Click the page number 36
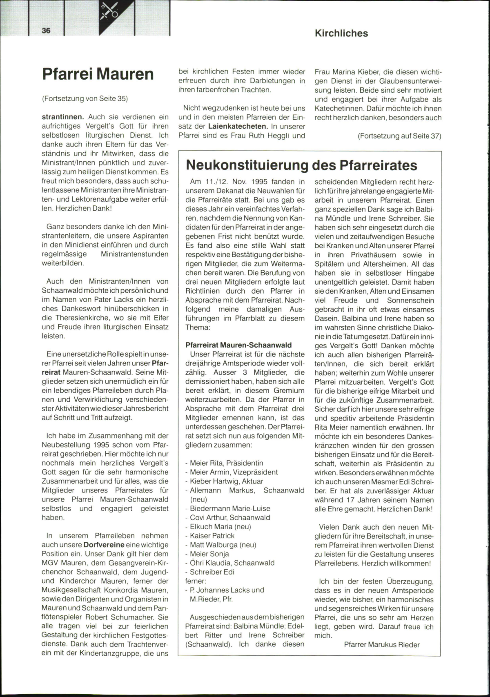coord(46,31)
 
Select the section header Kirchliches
coord(341,33)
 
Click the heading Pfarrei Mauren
coord(98,74)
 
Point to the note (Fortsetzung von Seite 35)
coord(85,98)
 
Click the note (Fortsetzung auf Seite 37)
coord(399,136)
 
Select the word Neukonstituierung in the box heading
coord(247,165)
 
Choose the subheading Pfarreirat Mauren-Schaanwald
coord(238,345)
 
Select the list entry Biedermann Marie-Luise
coord(230,508)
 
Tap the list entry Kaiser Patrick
coord(212,536)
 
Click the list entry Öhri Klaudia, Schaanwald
coord(232,563)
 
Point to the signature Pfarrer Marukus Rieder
coord(382,645)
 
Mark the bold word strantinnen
coord(63,117)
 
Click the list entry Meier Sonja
coord(209,554)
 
